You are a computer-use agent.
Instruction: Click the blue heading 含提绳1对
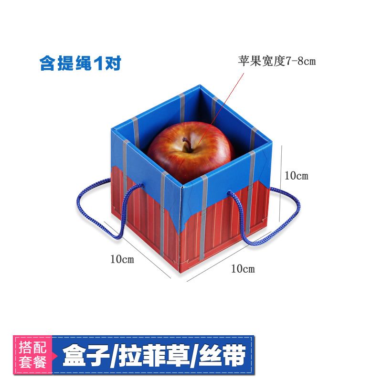click(x=80, y=64)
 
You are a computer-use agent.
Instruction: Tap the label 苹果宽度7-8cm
click(x=277, y=61)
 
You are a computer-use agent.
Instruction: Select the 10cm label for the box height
click(x=297, y=176)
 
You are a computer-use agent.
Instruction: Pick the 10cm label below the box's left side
click(x=122, y=259)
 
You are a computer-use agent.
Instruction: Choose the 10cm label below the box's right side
click(x=243, y=269)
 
